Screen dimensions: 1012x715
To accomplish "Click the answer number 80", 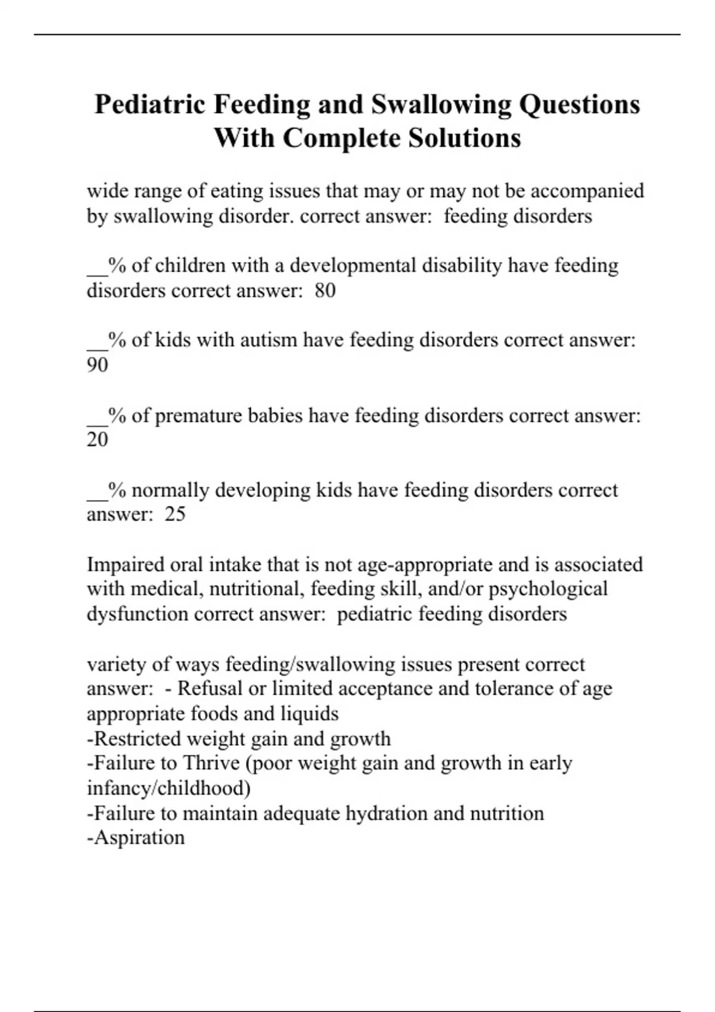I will coord(325,291).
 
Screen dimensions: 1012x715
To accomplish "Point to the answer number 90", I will coord(98,365).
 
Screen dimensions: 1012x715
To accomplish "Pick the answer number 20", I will coord(98,439).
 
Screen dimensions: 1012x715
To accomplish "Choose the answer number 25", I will coord(175,514).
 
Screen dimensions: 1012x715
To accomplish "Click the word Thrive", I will coord(211,763).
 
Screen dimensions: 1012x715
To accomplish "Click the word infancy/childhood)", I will coord(169,788).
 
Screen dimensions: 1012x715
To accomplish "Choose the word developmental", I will coord(353,266).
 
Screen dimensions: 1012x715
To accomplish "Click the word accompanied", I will coord(587,191).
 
